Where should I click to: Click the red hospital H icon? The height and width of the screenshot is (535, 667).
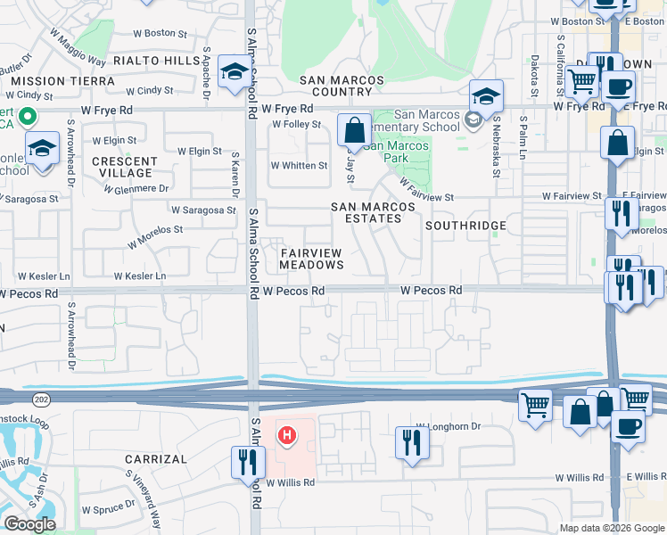[287, 436]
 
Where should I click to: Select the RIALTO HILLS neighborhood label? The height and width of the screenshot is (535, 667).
[157, 61]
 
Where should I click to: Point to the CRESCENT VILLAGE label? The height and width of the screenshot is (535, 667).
[126, 167]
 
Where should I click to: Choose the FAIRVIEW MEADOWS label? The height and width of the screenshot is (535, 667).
[311, 259]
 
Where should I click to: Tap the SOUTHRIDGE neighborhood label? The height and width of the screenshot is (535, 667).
[465, 226]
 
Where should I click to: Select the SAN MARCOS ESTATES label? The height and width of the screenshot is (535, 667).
[373, 212]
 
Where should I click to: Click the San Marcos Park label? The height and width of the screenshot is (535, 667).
[396, 145]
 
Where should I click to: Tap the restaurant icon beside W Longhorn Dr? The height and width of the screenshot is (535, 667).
[411, 441]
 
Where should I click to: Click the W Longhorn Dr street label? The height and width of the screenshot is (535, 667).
[448, 427]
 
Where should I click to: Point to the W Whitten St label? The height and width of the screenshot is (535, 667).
[299, 166]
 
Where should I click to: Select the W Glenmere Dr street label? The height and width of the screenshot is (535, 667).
[136, 189]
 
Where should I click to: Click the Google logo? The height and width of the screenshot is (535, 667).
[29, 524]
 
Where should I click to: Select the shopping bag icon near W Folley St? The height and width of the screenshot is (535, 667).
[354, 129]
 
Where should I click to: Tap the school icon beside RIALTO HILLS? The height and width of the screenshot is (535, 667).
[235, 72]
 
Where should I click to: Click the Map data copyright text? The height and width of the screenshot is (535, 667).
[612, 528]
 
